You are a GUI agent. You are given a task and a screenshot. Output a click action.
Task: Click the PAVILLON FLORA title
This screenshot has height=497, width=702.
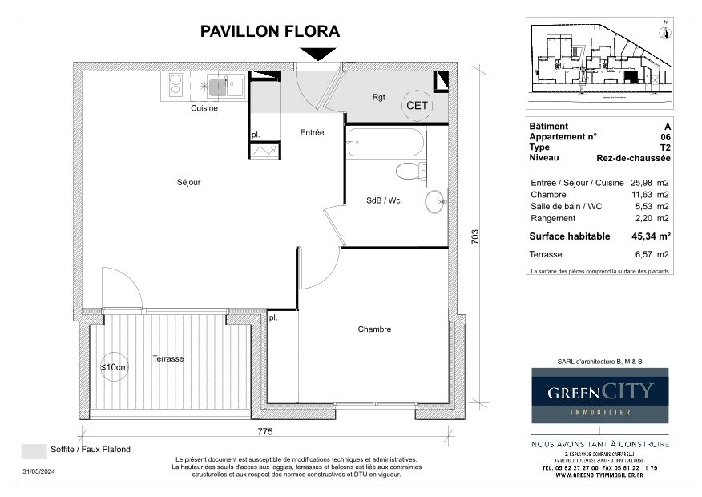point(269,32)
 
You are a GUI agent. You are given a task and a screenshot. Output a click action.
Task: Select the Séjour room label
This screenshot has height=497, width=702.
point(188,182)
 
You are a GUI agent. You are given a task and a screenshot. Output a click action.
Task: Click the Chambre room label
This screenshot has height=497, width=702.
point(374,329)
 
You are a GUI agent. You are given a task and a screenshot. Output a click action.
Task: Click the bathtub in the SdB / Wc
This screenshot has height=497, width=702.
point(385,143)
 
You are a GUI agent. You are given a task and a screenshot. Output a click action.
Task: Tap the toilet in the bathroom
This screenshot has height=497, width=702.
point(410,170)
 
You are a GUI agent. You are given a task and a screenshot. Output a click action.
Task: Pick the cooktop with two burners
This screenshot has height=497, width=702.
point(175,84)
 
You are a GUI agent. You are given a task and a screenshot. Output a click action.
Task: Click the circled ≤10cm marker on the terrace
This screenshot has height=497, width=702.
point(115,366)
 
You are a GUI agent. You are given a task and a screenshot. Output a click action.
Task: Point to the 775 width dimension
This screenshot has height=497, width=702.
point(265,432)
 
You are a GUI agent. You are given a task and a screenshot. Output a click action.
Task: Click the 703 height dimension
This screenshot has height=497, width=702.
point(474,236)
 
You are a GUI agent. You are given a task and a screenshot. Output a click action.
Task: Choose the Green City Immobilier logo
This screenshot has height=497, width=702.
point(600,395)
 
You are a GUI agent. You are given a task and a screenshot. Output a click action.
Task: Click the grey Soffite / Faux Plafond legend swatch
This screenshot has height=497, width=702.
point(34,451)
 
